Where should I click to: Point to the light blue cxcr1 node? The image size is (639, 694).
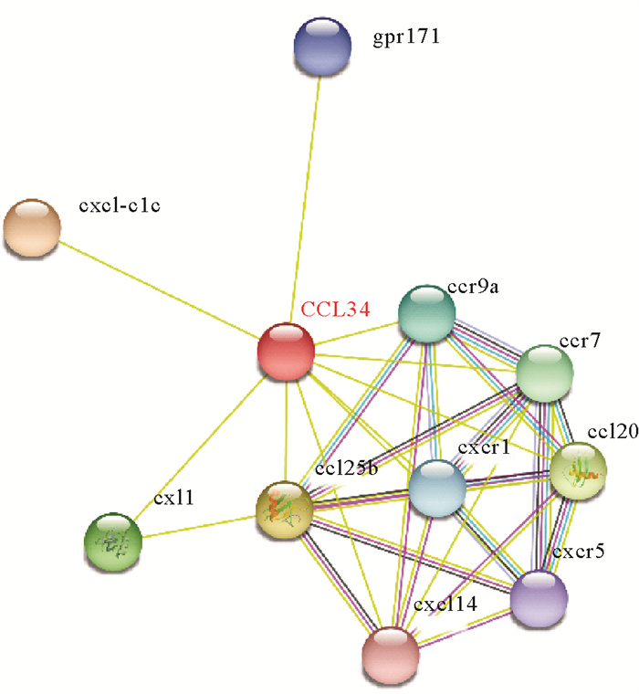click(436, 489)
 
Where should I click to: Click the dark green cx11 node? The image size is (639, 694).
click(113, 543)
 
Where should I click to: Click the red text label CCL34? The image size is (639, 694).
click(335, 310)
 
